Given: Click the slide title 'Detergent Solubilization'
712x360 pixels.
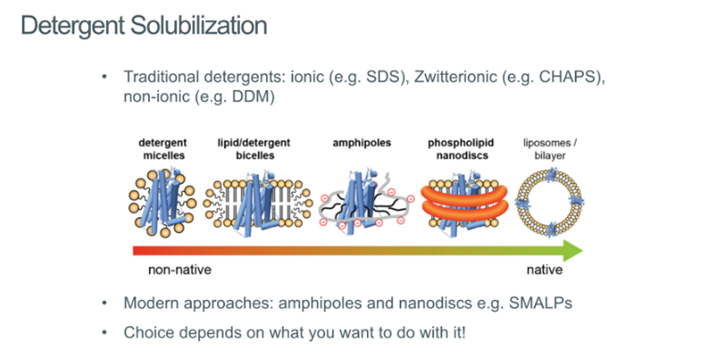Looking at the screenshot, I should pyautogui.click(x=143, y=25).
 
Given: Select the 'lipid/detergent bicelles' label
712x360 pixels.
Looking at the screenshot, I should pyautogui.click(x=254, y=149).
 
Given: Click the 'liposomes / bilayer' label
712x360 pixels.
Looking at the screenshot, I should pyautogui.click(x=550, y=149).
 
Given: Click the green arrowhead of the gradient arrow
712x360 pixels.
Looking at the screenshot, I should pyautogui.click(x=571, y=251).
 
